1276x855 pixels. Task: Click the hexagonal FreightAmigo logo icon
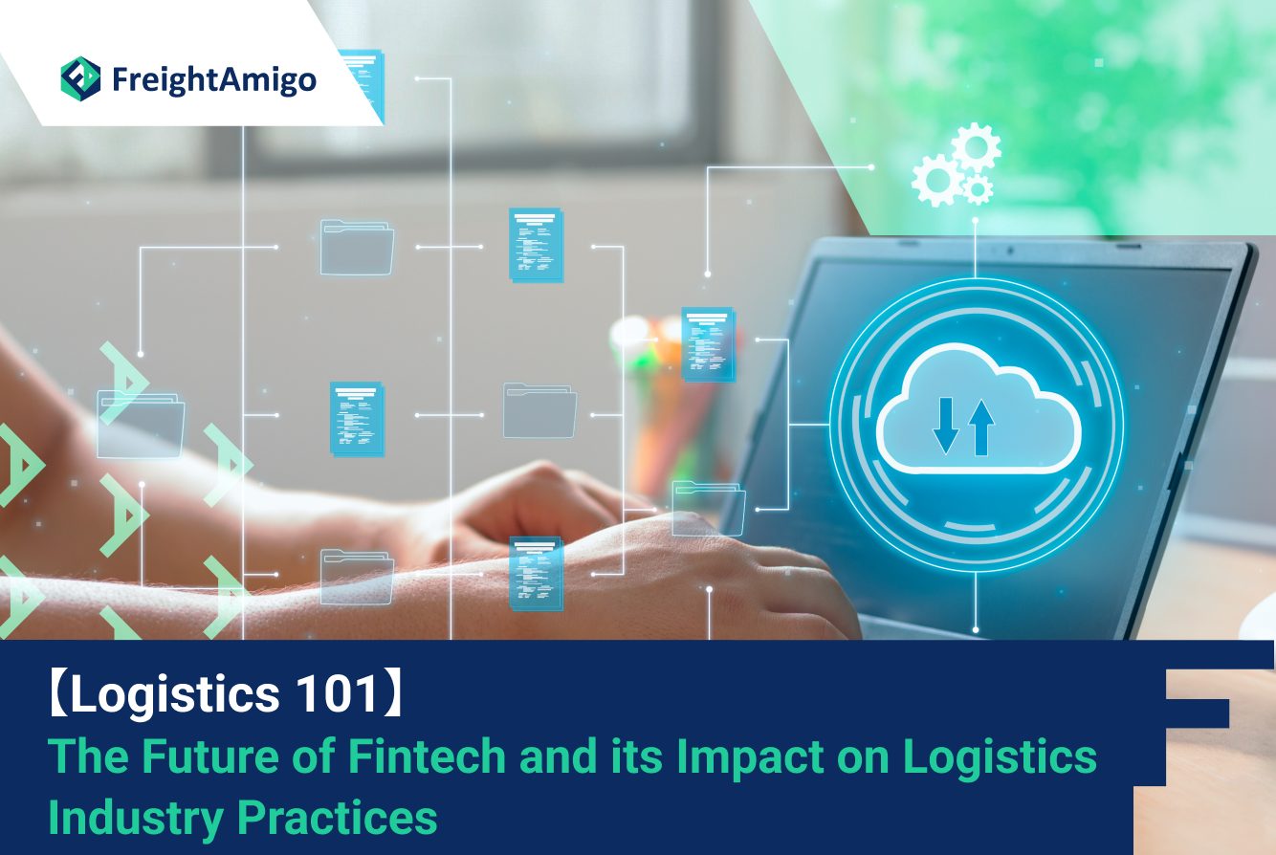(80, 78)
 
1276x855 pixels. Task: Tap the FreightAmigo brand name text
(214, 80)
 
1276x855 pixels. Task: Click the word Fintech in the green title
(428, 756)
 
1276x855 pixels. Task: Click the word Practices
(337, 818)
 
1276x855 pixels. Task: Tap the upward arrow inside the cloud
(981, 427)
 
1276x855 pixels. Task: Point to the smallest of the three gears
(978, 188)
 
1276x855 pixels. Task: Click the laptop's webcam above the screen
(1010, 250)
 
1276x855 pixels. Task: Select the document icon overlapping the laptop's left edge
(708, 344)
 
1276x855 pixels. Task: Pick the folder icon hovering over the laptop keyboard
(708, 508)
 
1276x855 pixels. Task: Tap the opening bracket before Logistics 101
(58, 694)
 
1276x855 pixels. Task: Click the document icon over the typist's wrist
(536, 574)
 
